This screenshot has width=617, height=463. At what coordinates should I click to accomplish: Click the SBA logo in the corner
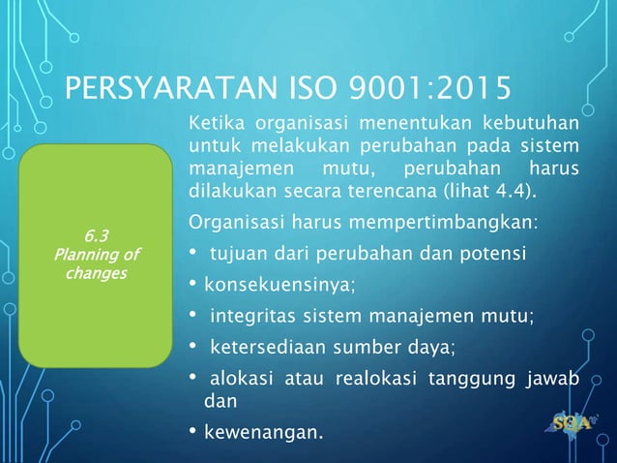coord(572,422)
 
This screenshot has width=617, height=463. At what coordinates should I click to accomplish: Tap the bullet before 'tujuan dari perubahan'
coord(194,254)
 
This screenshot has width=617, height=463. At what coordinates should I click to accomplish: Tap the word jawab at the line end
coord(556,378)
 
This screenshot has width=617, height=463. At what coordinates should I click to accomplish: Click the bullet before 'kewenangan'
coord(194,429)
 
